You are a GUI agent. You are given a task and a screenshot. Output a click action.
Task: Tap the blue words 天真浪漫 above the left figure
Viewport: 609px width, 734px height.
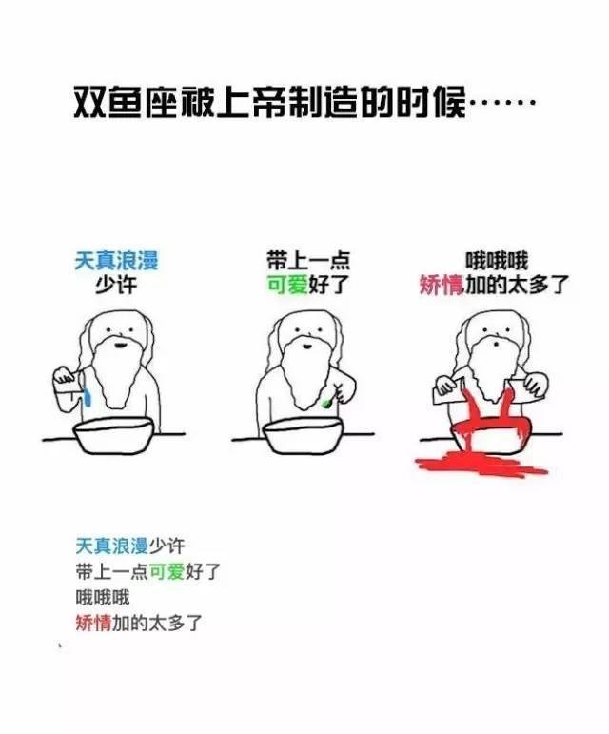pyautogui.click(x=117, y=260)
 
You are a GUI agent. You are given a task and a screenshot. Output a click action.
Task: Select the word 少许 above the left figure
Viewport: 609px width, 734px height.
pyautogui.click(x=116, y=285)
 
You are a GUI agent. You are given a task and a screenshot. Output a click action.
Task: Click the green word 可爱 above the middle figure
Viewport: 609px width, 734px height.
pyautogui.click(x=287, y=285)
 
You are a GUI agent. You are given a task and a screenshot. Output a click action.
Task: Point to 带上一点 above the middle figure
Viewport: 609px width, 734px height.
pyautogui.click(x=308, y=260)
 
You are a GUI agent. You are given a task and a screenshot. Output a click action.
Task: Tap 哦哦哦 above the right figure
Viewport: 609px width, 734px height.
pyautogui.click(x=497, y=261)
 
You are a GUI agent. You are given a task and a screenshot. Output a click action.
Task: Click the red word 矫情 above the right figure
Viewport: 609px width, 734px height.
pyautogui.click(x=442, y=285)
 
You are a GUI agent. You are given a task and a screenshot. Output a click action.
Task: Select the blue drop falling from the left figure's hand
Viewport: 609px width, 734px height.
pyautogui.click(x=88, y=397)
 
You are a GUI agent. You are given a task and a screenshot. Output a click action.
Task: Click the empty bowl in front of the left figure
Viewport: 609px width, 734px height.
pyautogui.click(x=113, y=435)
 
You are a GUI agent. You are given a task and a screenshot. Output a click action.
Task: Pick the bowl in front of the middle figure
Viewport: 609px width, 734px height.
pyautogui.click(x=304, y=435)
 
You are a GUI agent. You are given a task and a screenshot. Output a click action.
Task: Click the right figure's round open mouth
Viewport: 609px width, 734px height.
pyautogui.click(x=496, y=346)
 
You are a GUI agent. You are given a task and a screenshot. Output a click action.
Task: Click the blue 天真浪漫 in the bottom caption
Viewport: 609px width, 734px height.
pyautogui.click(x=111, y=546)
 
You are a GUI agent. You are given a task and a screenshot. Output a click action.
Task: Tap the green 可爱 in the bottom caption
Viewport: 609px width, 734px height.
pyautogui.click(x=167, y=571)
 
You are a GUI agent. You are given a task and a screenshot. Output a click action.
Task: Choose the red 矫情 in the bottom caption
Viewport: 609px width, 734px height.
pyautogui.click(x=93, y=623)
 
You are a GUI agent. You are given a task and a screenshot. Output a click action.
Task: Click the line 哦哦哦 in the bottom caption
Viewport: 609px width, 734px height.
pyautogui.click(x=103, y=598)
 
